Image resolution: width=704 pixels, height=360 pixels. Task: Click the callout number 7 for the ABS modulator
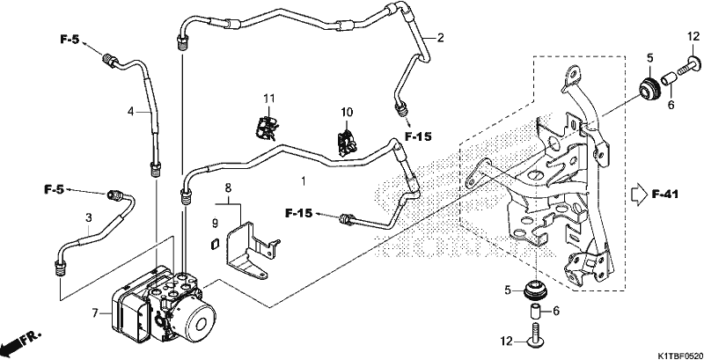click(95, 312)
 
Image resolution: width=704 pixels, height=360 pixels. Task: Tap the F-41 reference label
click(665, 195)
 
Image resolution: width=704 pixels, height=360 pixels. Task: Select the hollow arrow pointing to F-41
click(637, 195)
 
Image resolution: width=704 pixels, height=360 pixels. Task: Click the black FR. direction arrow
click(13, 345)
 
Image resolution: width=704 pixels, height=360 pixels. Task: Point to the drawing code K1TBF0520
click(679, 356)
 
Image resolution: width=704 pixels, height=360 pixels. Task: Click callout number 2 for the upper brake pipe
click(441, 38)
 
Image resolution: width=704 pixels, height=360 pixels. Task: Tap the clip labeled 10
click(346, 143)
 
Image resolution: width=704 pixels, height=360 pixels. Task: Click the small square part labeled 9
click(214, 244)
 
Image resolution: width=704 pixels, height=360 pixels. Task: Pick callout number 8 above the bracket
click(228, 188)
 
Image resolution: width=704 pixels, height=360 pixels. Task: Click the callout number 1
click(304, 182)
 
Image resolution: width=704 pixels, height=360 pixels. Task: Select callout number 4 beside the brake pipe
click(130, 111)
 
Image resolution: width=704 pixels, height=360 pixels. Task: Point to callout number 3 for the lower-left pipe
click(89, 218)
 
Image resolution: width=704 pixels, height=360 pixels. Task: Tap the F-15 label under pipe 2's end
click(417, 136)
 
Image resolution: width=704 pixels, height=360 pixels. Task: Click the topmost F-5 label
click(70, 40)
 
